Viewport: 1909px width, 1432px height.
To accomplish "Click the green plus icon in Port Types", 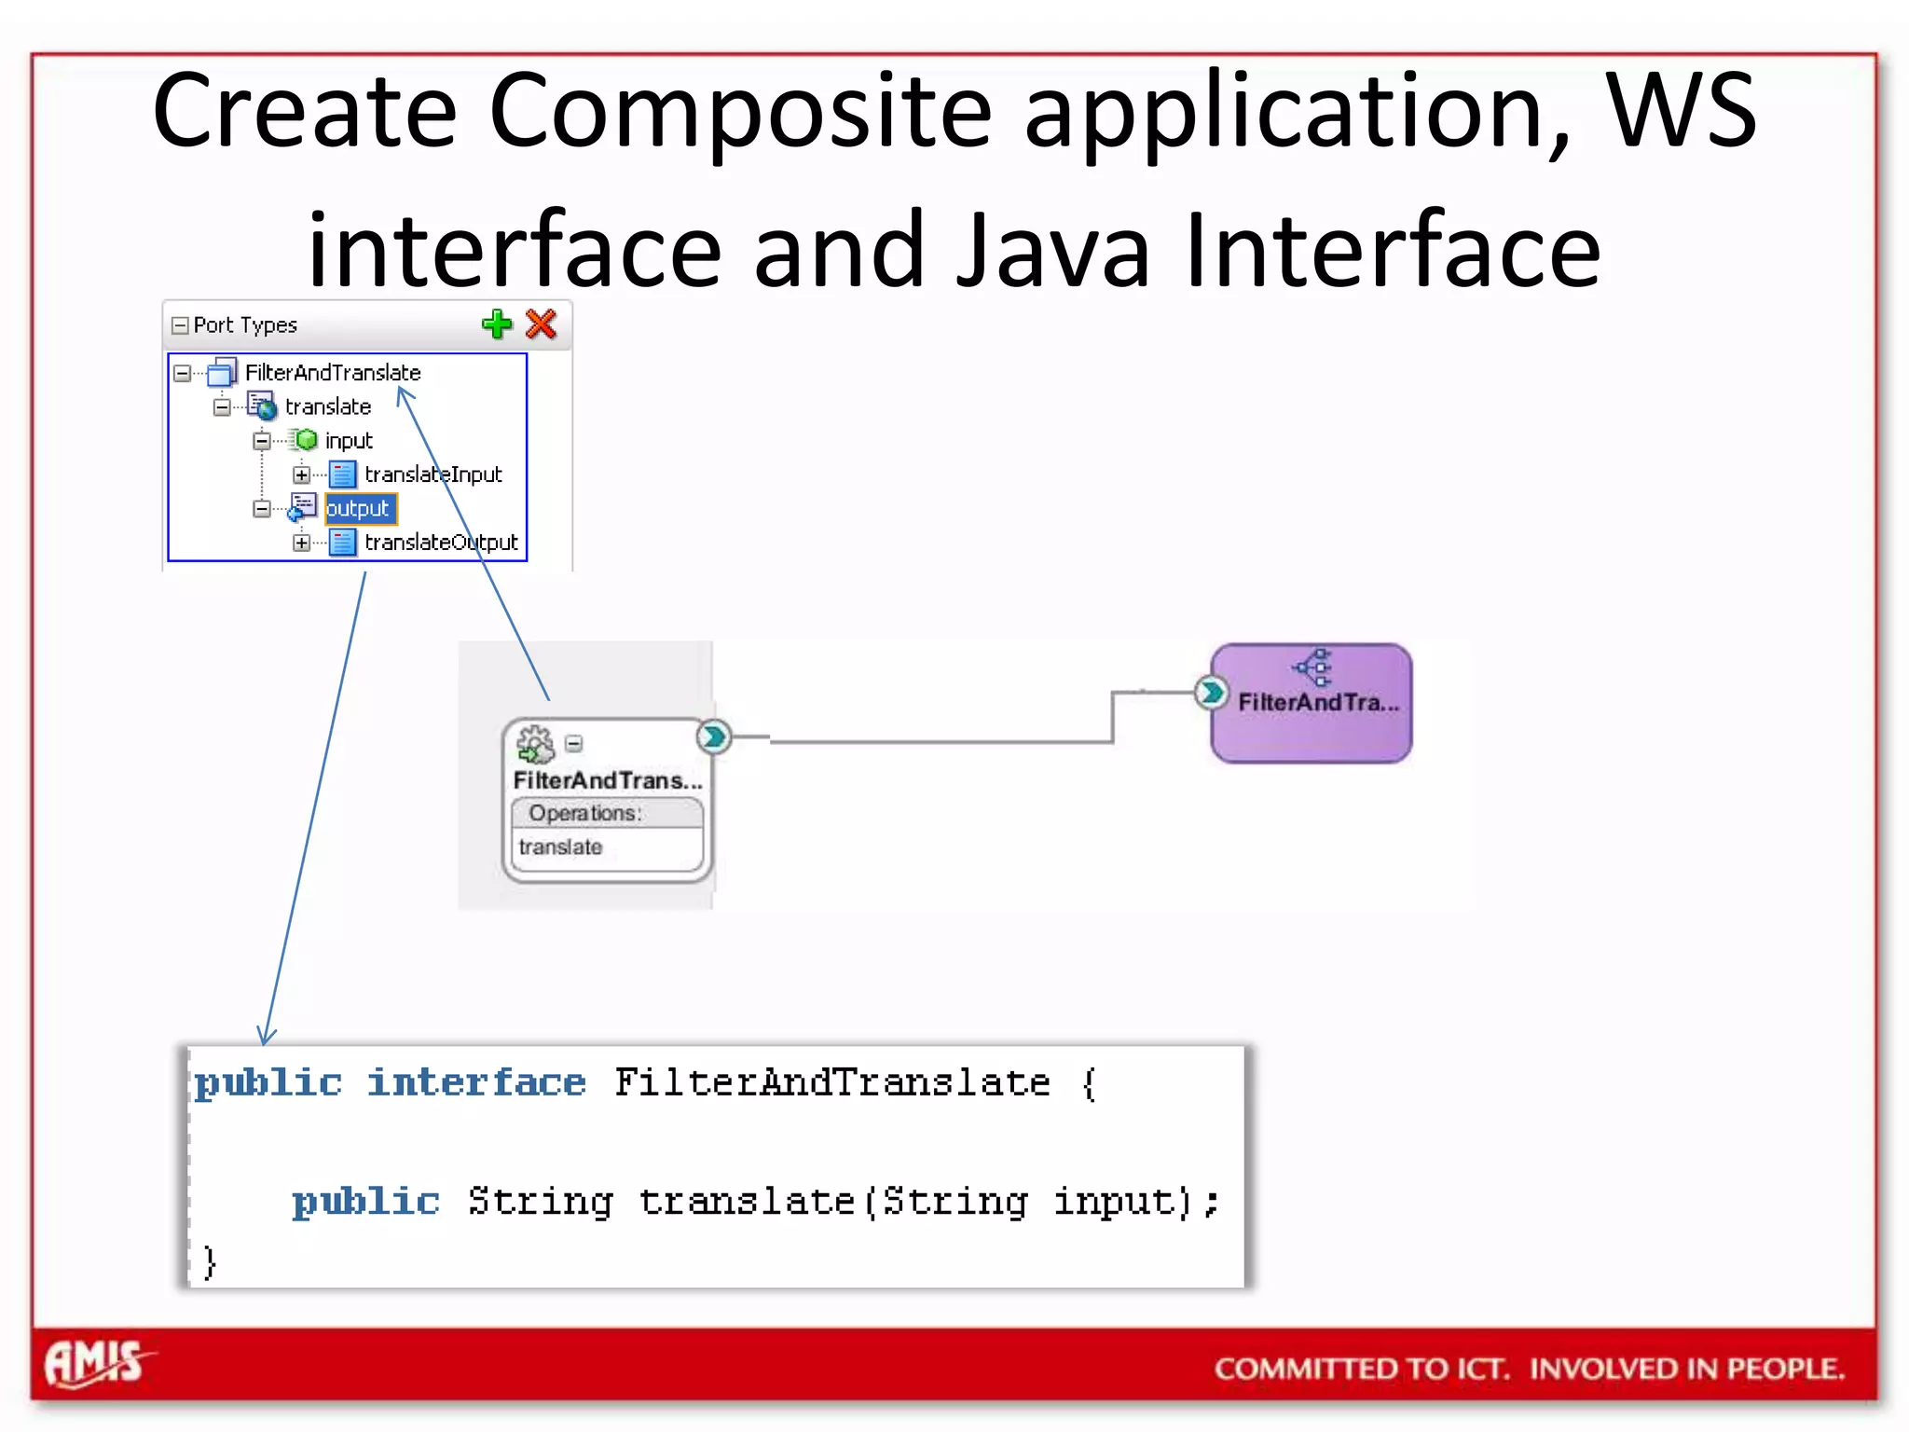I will pyautogui.click(x=497, y=324).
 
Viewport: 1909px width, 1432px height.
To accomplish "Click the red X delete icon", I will pyautogui.click(x=542, y=324).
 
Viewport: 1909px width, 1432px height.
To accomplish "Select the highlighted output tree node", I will pyautogui.click(x=358, y=509).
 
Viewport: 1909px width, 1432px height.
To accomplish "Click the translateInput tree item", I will pyautogui.click(x=433, y=475).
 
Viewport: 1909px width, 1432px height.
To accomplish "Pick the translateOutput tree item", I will pyautogui.click(x=440, y=543).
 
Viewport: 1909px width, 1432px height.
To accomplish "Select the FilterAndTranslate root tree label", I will pyautogui.click(x=333, y=373).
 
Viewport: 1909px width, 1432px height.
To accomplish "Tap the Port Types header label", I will pyautogui.click(x=245, y=325).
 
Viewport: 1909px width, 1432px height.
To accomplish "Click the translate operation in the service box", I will pyautogui.click(x=560, y=847).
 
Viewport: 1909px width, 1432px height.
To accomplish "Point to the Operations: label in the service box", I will pyautogui.click(x=585, y=813).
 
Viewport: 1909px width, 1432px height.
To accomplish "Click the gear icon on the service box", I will pyautogui.click(x=535, y=744).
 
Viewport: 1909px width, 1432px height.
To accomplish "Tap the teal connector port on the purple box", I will pyautogui.click(x=1210, y=693).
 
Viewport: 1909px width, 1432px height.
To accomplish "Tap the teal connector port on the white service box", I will pyautogui.click(x=714, y=737).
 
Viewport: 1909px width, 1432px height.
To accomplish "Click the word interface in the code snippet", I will pyautogui.click(x=476, y=1083).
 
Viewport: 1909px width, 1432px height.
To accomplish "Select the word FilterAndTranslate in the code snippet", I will pyautogui.click(x=831, y=1083).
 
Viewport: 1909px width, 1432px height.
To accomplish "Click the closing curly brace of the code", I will pyautogui.click(x=210, y=1262).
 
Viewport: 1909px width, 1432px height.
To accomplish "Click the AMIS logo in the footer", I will pyautogui.click(x=94, y=1364).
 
